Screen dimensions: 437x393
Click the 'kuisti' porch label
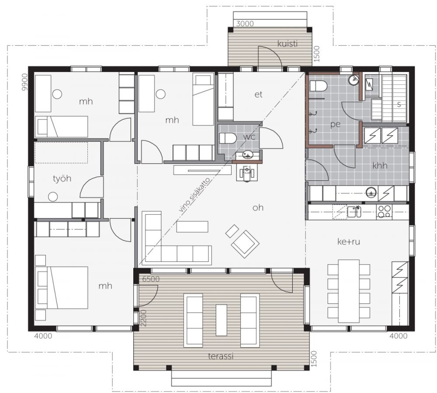point(288,44)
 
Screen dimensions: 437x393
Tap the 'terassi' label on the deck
point(220,356)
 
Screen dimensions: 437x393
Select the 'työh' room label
point(62,179)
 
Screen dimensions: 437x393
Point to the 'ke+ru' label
point(348,241)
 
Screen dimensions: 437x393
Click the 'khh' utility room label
point(380,165)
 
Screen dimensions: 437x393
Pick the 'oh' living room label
point(258,207)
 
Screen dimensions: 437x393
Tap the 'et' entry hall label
point(258,95)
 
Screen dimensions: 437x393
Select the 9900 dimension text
point(25,82)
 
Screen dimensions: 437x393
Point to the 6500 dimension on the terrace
point(151,279)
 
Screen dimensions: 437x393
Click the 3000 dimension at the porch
point(245,24)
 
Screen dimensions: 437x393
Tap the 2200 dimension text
point(143,318)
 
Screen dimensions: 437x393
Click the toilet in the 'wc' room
point(228,138)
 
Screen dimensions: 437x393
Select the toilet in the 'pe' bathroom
point(318,86)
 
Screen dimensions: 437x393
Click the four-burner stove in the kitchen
point(384,211)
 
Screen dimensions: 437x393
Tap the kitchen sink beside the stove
point(354,211)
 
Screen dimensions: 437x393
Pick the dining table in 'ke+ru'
point(349,291)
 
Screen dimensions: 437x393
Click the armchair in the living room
point(245,244)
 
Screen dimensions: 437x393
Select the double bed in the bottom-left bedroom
point(62,288)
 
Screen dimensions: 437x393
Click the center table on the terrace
point(222,320)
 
